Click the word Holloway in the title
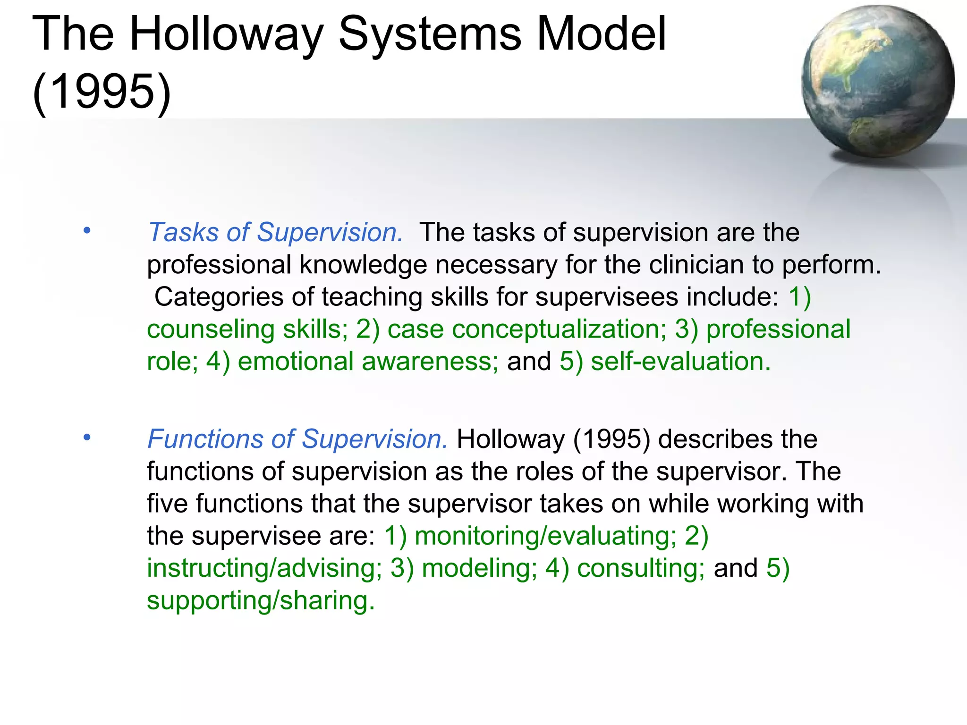[x=226, y=34]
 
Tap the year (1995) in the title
[x=102, y=91]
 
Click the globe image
[x=877, y=81]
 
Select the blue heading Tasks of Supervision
[x=275, y=233]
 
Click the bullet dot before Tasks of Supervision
[x=86, y=231]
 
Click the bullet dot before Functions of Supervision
[x=86, y=438]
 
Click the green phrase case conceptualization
[x=526, y=329]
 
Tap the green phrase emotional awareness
[x=367, y=362]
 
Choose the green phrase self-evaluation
[x=680, y=362]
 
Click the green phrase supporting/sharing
[x=261, y=600]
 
